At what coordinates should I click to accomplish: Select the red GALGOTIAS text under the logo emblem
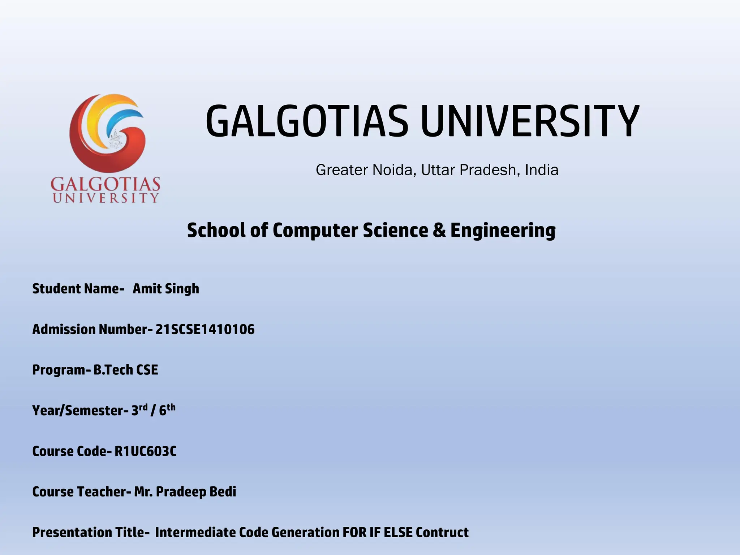(105, 184)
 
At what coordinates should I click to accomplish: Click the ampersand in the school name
(439, 230)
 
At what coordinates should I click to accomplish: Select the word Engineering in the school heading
(503, 231)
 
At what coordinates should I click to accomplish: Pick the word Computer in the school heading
(315, 231)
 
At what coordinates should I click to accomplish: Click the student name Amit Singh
(166, 289)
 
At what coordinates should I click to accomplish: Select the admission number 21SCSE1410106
(205, 330)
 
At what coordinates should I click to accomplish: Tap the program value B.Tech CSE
(126, 370)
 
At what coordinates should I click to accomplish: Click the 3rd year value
(139, 410)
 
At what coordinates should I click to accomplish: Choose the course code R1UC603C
(146, 451)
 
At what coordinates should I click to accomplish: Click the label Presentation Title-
(91, 533)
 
